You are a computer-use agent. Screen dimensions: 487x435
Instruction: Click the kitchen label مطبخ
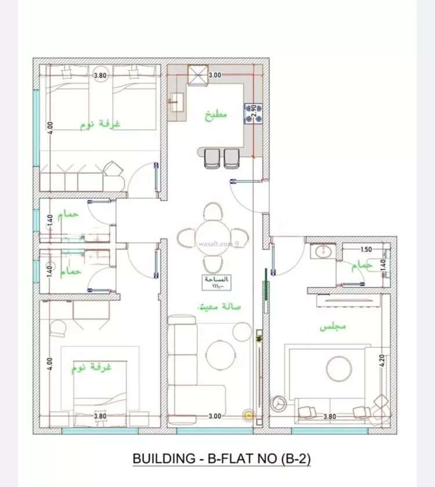click(216, 114)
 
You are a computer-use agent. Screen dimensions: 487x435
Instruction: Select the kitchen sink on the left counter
click(175, 103)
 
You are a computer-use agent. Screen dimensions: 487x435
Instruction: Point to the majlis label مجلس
click(333, 326)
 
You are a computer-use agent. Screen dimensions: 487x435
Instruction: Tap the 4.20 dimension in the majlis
click(383, 362)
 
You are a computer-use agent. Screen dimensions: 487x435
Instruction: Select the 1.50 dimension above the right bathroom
click(366, 250)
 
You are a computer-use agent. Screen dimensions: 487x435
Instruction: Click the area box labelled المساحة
click(217, 282)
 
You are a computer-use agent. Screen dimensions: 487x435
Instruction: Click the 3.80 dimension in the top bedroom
click(100, 75)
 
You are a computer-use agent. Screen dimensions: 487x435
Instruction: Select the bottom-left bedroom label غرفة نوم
click(92, 368)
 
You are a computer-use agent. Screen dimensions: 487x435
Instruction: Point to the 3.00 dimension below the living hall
click(215, 416)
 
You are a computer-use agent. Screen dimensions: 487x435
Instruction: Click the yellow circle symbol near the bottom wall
click(249, 415)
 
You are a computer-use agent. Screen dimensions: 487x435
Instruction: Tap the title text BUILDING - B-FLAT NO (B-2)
click(222, 459)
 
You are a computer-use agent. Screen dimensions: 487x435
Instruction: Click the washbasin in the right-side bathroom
click(320, 252)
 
